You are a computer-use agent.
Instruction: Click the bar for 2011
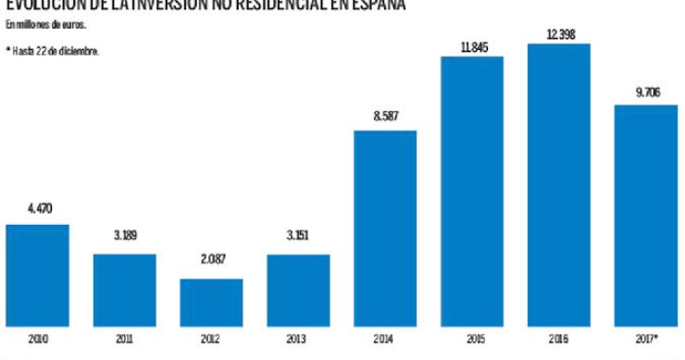tap(124, 291)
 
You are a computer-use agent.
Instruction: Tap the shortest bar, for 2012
tap(211, 303)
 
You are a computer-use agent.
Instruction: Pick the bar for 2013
tap(298, 291)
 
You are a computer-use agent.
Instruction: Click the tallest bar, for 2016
tap(558, 185)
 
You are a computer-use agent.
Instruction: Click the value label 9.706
tap(645, 92)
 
